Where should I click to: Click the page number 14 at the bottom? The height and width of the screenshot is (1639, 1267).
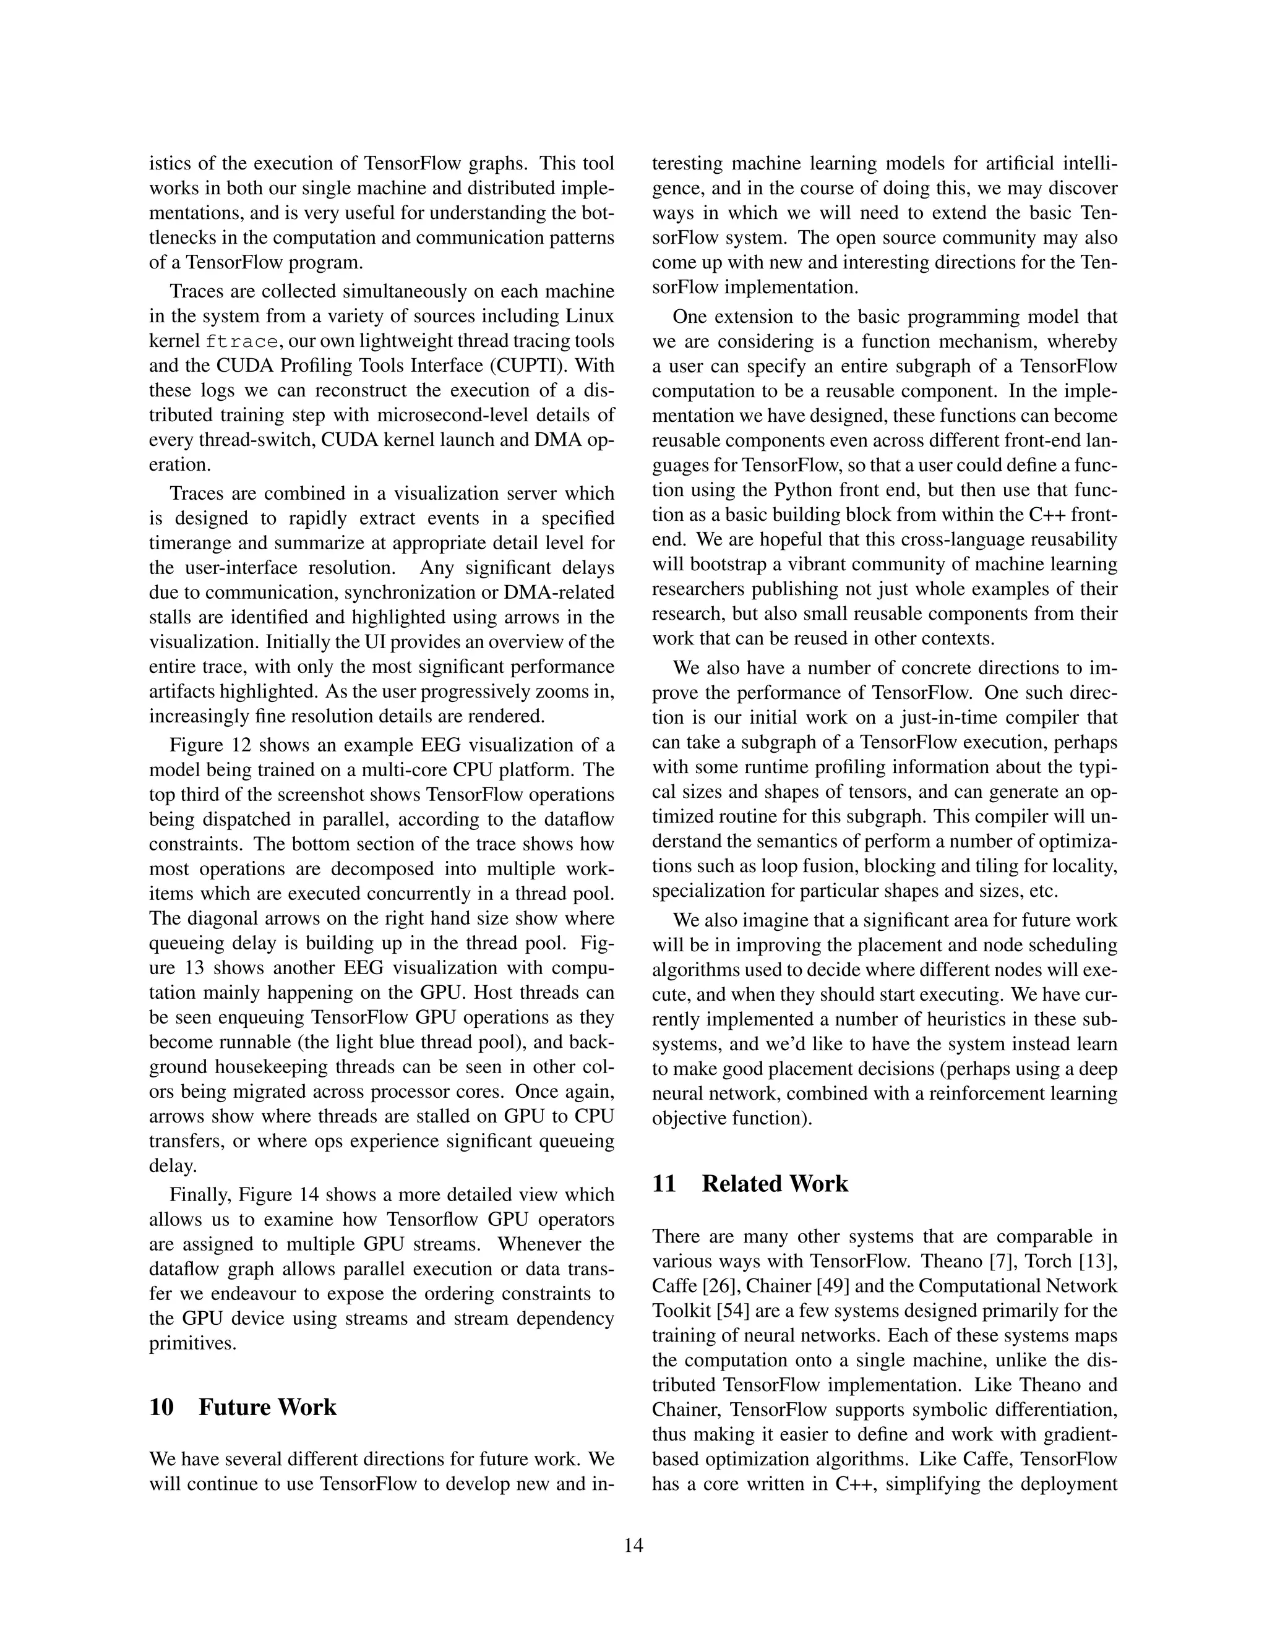click(x=633, y=1545)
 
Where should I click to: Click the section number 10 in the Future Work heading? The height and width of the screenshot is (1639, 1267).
click(x=161, y=1407)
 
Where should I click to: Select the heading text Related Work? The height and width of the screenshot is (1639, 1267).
click(x=775, y=1183)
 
